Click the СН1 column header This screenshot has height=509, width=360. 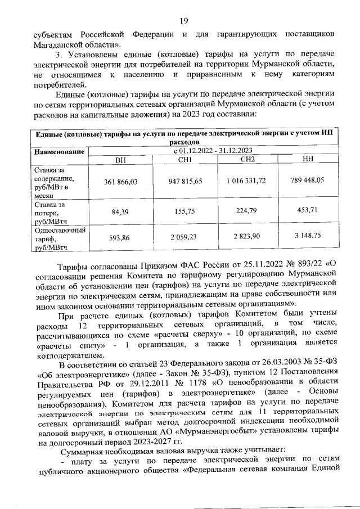(x=185, y=160)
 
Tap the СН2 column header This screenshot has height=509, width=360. (x=247, y=160)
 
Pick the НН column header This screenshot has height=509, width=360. (x=308, y=160)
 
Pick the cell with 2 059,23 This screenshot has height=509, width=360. (x=185, y=237)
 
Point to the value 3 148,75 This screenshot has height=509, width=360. (x=308, y=237)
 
